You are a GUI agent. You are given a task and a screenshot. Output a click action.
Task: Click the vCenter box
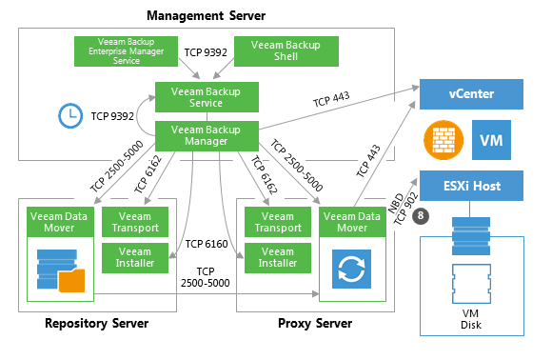coord(471,94)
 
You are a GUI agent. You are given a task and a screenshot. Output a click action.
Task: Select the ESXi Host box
coord(471,186)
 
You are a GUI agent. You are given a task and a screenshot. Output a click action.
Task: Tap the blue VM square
coord(491,140)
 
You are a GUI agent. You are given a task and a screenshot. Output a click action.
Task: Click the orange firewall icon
coord(444,140)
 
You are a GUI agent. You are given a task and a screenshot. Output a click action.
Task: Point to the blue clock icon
coord(70,116)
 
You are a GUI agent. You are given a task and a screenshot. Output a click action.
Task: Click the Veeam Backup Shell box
coord(286,51)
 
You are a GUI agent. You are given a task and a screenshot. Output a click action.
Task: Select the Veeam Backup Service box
coord(207,97)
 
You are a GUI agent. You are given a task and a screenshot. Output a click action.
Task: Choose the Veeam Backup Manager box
coord(207,136)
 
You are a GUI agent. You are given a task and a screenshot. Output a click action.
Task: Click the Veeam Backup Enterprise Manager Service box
coord(126,51)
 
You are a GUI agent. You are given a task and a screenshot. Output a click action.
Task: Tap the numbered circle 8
coord(421,215)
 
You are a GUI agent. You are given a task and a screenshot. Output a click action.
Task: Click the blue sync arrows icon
coord(351,269)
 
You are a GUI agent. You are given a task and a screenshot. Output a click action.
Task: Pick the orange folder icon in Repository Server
coord(71,281)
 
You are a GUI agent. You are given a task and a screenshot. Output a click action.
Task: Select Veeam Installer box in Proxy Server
coord(278,258)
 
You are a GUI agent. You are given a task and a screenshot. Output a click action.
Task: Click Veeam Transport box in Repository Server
coord(135,222)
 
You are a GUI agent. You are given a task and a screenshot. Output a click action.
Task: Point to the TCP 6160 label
coord(207,244)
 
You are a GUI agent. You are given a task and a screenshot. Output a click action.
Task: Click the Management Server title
coord(206,15)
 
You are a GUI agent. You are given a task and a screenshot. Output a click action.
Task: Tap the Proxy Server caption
coord(315,323)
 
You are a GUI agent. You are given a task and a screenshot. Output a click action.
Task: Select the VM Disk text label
coord(471,319)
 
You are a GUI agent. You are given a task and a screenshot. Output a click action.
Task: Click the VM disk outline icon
coord(471,284)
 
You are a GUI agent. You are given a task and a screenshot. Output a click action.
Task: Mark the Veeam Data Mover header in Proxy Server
coord(352,222)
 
